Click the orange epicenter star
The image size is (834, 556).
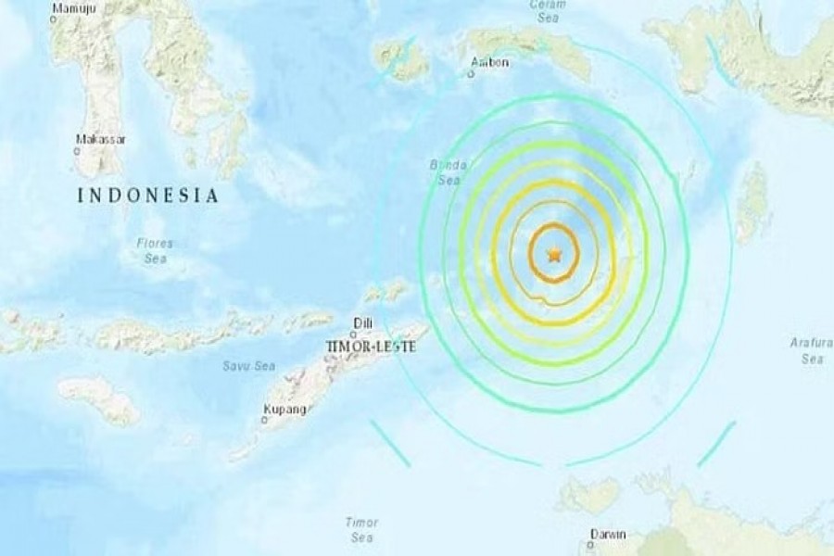pos(554,254)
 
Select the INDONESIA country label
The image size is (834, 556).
pos(148,196)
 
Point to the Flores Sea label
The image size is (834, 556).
pos(155,249)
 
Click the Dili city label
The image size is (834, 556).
pos(361,322)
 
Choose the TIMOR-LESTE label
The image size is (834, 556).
pos(368,346)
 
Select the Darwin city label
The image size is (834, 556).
pos(609,535)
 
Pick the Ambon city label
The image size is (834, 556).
pos(488,63)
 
